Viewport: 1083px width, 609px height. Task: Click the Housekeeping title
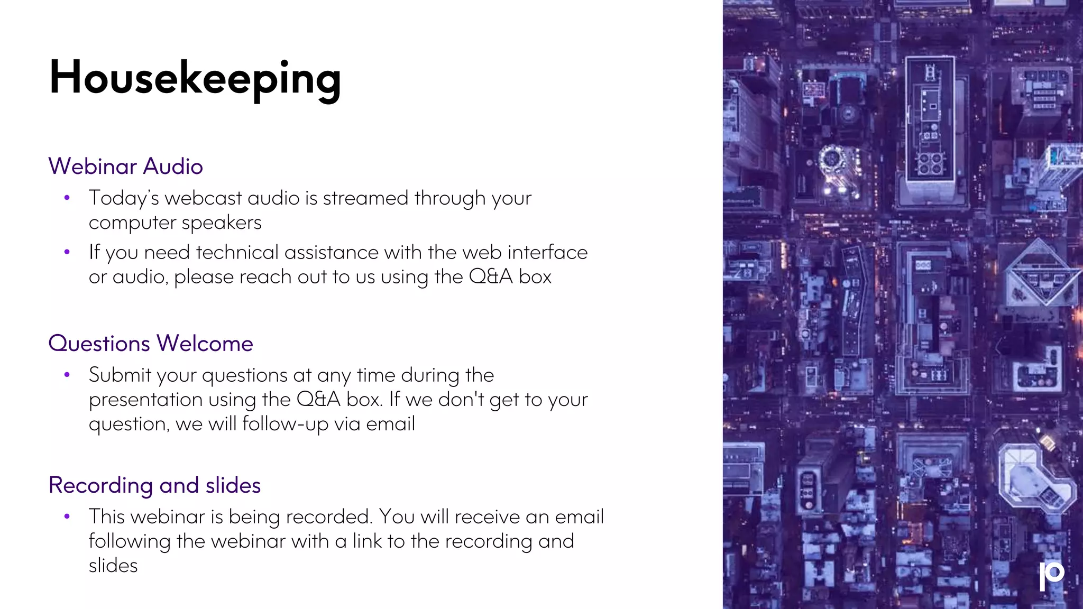195,78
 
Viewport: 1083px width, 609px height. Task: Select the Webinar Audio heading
126,167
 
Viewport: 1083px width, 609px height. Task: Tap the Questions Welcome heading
151,344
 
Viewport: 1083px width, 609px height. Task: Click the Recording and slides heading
154,485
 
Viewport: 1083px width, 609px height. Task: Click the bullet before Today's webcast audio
67,198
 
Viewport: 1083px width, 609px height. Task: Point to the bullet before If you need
67,252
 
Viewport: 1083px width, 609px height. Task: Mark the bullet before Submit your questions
67,375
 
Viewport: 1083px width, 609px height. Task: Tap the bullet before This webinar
67,516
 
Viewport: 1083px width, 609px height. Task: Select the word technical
237,253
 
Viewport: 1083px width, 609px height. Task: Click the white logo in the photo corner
1051,575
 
